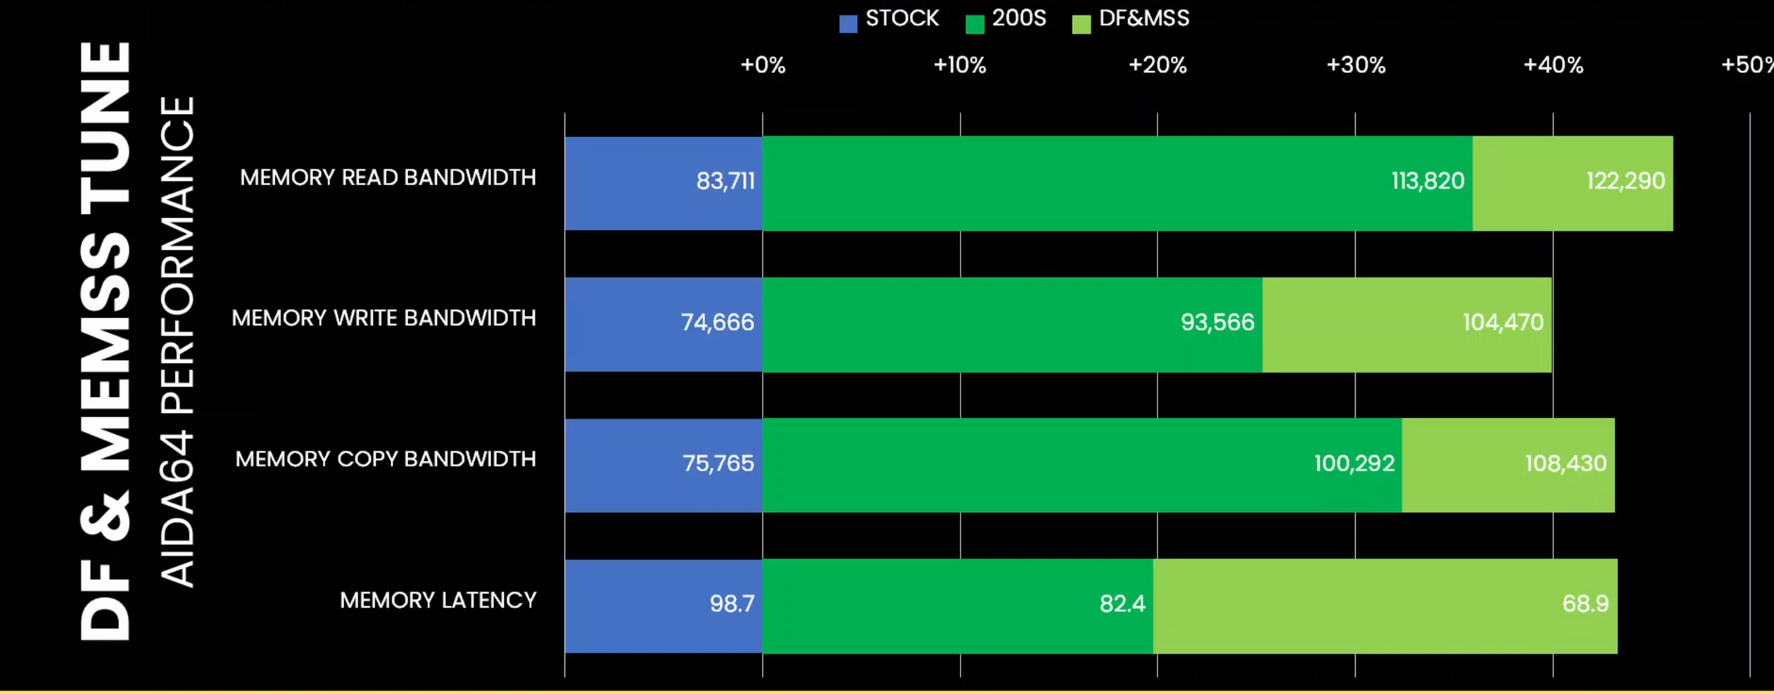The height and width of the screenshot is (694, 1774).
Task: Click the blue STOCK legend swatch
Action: (848, 24)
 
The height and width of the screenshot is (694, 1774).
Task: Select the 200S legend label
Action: (1019, 19)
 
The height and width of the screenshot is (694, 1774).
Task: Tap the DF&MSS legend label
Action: (1144, 19)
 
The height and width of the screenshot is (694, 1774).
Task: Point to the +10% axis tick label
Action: (959, 65)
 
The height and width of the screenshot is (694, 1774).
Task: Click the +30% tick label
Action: (1355, 65)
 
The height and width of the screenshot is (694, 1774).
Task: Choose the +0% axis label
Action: (762, 65)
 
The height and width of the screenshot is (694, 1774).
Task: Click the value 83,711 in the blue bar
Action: (725, 181)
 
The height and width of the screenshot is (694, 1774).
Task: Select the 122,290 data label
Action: (1625, 181)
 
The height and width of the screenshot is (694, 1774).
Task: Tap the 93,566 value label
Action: (1218, 323)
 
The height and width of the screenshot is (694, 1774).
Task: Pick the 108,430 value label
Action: (1566, 464)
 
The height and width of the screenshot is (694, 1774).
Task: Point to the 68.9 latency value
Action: (1584, 604)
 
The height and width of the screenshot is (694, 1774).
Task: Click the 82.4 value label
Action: (1122, 604)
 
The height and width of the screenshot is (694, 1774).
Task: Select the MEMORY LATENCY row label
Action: (438, 601)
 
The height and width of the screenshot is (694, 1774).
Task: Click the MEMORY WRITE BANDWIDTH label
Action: (384, 319)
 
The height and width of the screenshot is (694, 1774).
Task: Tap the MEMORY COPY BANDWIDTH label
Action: (386, 460)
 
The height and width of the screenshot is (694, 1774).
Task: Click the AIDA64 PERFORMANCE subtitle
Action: (177, 341)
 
